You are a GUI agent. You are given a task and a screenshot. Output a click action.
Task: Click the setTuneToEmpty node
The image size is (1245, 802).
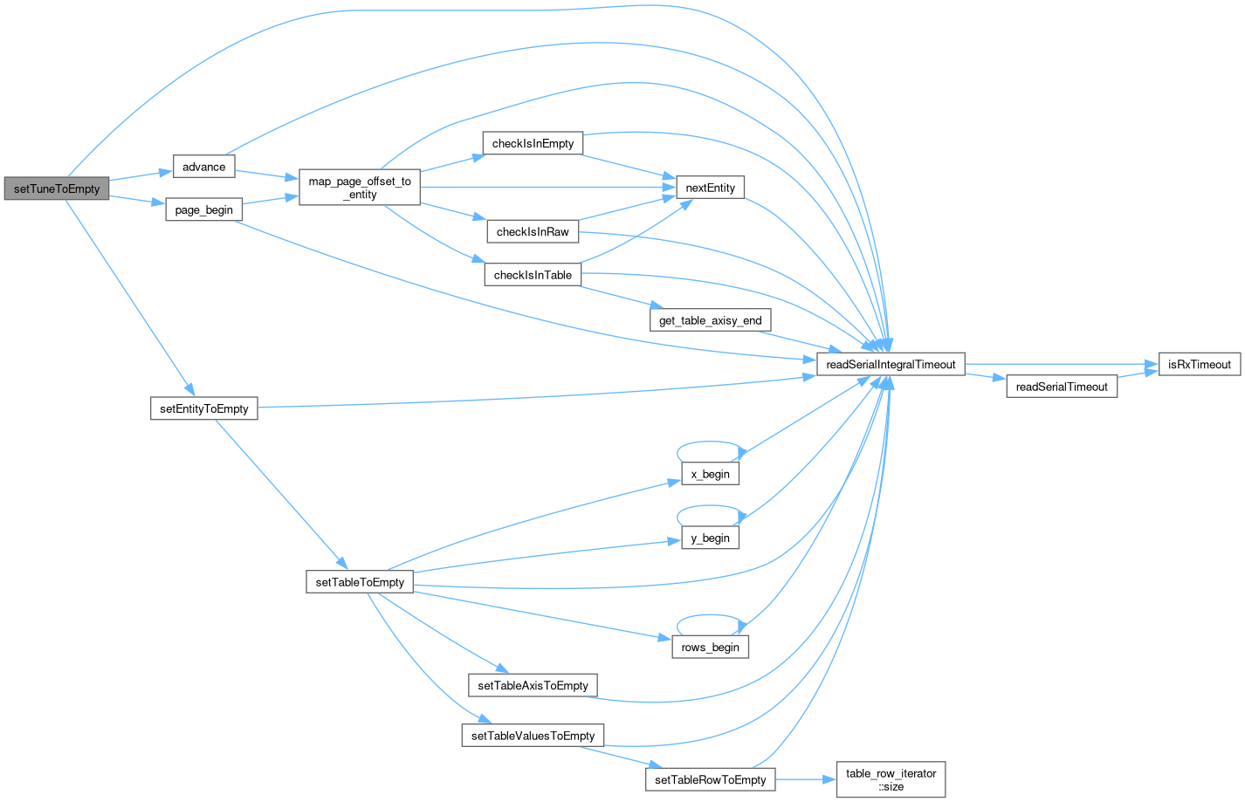tap(57, 189)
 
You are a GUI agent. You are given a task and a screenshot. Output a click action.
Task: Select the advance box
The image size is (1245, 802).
tap(203, 167)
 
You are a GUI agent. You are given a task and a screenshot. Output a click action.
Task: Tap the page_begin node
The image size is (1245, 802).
tap(203, 210)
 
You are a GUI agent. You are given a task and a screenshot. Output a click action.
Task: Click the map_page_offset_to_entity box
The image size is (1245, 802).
tap(360, 188)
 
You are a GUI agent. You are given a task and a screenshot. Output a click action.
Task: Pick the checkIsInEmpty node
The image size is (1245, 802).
tap(533, 144)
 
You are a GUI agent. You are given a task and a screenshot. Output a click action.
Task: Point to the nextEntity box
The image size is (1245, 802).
tap(711, 188)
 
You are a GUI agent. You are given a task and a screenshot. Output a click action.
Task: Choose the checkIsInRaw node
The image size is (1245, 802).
tap(533, 231)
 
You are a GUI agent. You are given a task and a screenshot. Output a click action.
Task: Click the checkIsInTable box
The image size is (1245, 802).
tap(533, 275)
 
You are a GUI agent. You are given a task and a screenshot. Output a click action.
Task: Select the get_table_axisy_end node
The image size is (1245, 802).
tap(710, 320)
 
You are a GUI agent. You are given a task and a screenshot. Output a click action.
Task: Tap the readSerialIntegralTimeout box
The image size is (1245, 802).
tap(891, 365)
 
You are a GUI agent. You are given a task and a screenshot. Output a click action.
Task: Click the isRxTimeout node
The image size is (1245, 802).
tap(1199, 365)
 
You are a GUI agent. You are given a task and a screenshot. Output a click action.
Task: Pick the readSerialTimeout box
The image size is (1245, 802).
tap(1062, 387)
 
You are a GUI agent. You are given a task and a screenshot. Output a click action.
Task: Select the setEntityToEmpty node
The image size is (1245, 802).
tap(203, 408)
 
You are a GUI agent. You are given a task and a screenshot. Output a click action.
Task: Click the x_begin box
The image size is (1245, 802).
tap(711, 474)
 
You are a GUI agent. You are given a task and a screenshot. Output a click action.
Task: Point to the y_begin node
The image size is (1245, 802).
tap(711, 538)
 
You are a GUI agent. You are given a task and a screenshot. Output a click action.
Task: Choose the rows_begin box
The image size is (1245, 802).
tap(711, 647)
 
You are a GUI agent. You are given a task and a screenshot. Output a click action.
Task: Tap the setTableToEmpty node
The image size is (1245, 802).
tap(360, 582)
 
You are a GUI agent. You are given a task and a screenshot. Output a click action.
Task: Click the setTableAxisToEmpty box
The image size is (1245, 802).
tap(533, 685)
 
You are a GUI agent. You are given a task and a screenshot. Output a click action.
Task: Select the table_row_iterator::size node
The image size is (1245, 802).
tap(891, 779)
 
